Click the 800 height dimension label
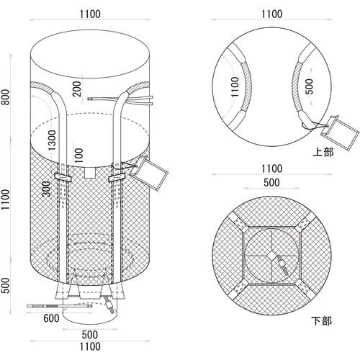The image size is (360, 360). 6,96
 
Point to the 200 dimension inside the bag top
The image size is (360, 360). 76,89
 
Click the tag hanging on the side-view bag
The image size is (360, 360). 153,173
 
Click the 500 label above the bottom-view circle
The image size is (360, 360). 272,182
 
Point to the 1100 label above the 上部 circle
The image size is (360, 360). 272,13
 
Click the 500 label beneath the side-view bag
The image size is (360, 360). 89,335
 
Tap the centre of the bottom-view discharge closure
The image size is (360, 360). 272,261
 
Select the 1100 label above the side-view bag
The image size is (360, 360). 89,13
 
